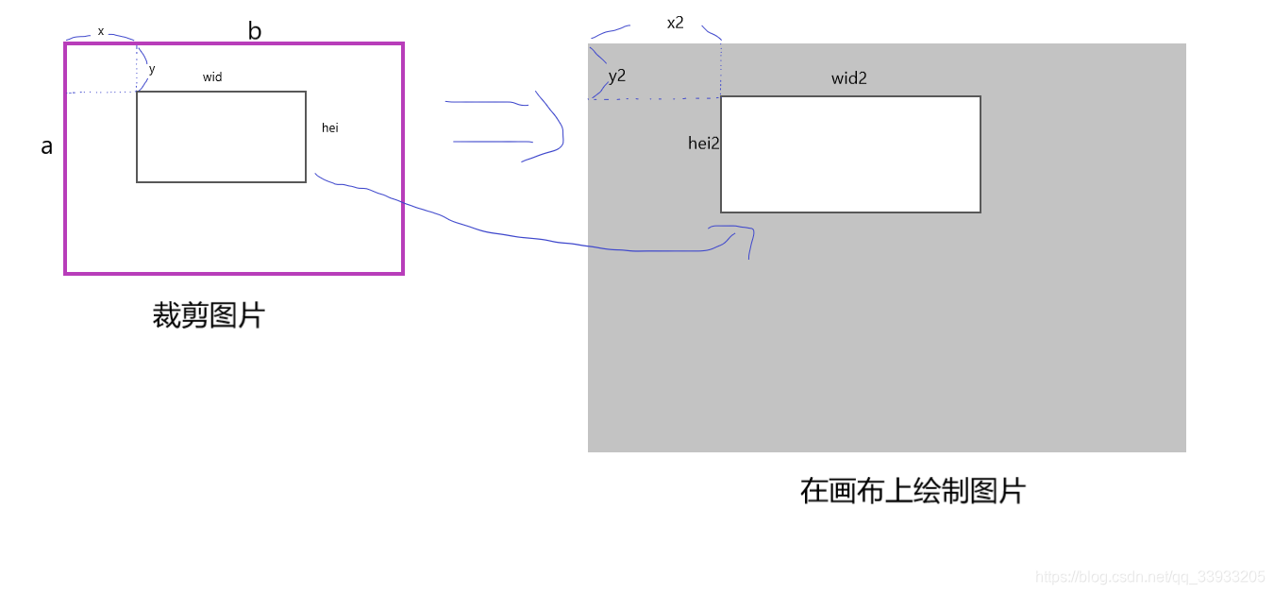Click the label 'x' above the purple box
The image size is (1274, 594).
pos(101,31)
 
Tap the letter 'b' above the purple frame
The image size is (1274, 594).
pos(255,31)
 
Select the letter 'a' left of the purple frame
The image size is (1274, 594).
pos(46,146)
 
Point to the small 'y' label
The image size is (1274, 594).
pos(152,69)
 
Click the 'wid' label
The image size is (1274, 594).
pos(212,77)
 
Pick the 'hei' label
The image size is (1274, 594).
pos(329,127)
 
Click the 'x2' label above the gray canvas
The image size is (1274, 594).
pos(675,23)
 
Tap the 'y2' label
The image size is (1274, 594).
pos(617,76)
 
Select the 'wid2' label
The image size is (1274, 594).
pos(848,78)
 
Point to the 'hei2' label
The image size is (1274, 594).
pos(703,144)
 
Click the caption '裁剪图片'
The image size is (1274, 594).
pos(209,315)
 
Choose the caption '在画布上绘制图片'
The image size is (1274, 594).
pos(912,491)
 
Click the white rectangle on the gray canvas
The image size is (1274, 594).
pos(850,155)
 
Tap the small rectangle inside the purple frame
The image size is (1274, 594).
pos(221,137)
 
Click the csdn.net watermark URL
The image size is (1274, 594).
pos(1149,577)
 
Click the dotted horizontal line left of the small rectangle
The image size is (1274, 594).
pos(102,93)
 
